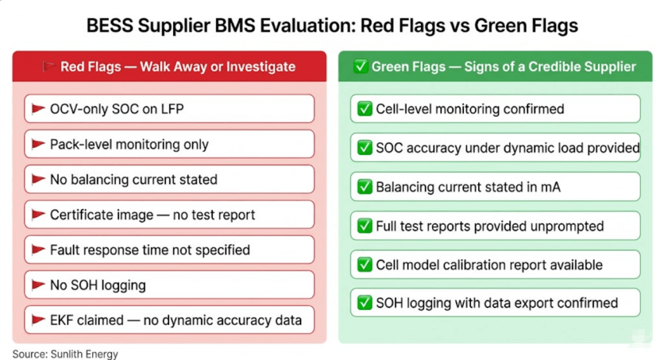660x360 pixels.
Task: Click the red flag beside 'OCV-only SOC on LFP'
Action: coord(38,109)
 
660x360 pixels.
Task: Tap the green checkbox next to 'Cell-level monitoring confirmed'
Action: coord(365,109)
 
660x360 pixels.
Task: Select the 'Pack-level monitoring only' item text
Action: coord(129,145)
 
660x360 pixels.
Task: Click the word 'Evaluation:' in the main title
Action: coord(305,26)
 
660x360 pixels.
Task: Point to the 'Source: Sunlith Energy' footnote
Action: coord(65,354)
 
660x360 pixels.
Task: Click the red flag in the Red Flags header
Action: coord(49,67)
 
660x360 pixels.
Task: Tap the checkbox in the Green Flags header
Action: coord(361,67)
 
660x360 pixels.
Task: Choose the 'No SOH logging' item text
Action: coord(97,285)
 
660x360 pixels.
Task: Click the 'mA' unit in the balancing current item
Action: coord(554,187)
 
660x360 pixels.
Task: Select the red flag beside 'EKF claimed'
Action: coord(38,320)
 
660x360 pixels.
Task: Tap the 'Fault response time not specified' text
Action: coord(150,250)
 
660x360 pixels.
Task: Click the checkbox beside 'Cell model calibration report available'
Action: coord(365,265)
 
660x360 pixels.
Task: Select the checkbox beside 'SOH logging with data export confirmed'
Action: coord(365,303)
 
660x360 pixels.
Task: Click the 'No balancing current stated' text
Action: coord(133,180)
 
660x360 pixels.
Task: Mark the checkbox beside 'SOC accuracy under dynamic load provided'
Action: coord(365,148)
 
